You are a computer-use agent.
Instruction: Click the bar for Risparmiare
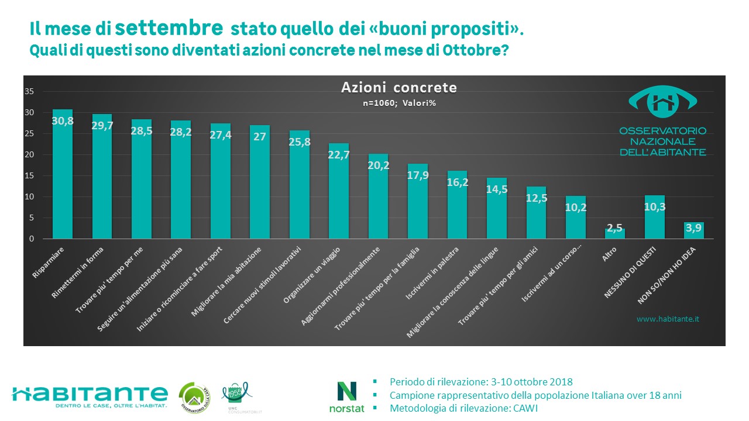point(63,175)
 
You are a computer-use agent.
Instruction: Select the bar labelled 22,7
point(338,193)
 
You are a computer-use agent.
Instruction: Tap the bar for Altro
point(615,233)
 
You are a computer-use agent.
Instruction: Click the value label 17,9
point(417,174)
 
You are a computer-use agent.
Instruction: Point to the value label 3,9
point(693,231)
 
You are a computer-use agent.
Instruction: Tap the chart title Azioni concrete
point(399,88)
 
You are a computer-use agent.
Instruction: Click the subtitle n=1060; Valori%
point(398,102)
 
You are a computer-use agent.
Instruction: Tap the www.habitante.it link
point(668,319)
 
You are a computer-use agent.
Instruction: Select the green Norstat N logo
point(347,391)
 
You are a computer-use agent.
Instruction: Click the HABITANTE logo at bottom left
point(90,394)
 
